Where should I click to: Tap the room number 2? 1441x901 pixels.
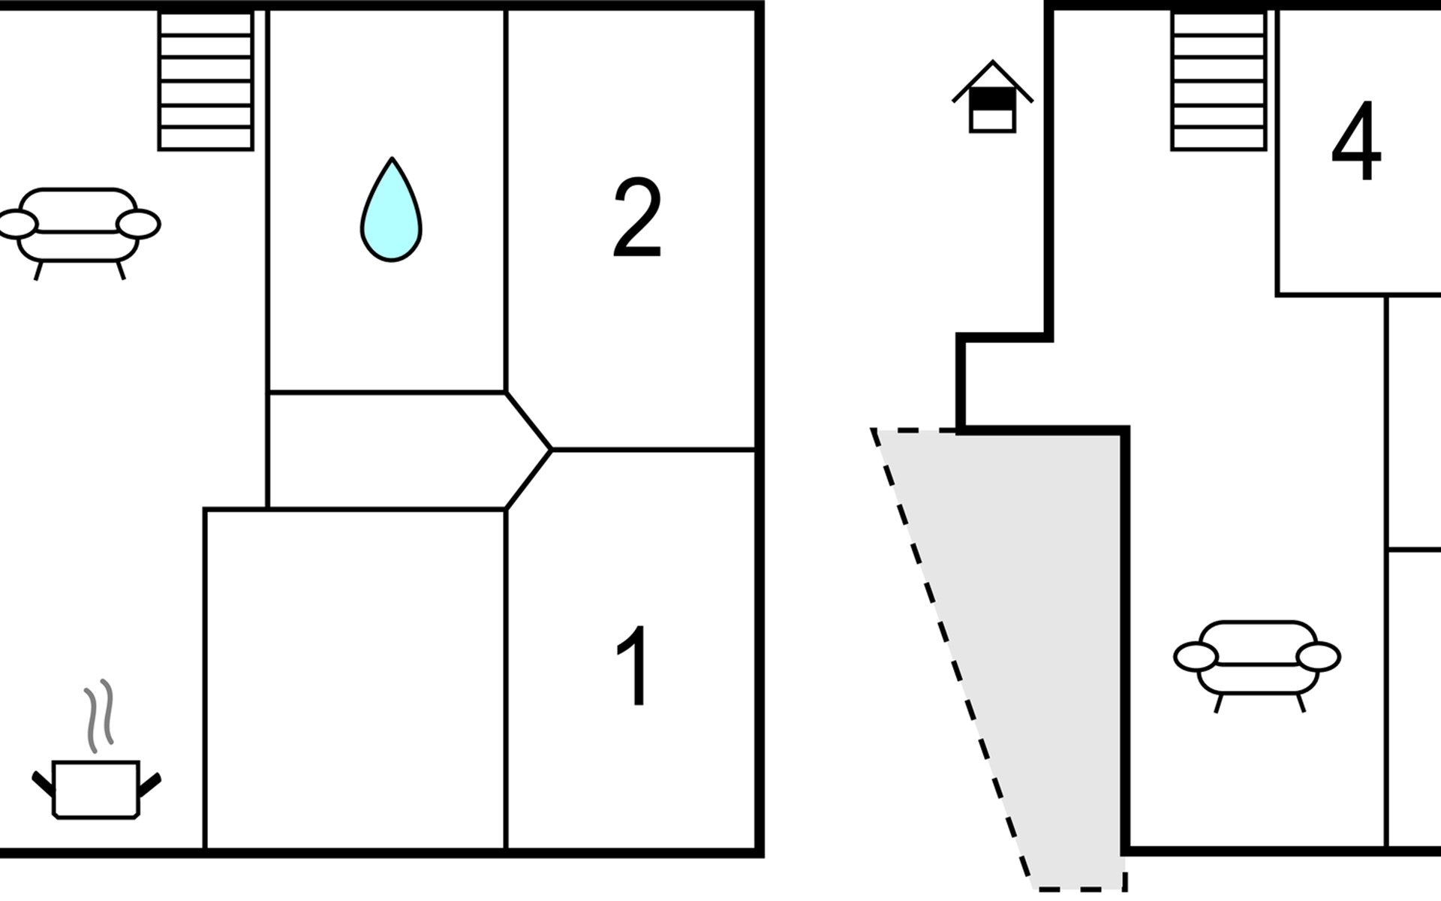pos(637,218)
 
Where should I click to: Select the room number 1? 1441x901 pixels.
pos(633,665)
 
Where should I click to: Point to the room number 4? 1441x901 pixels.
pos(1356,141)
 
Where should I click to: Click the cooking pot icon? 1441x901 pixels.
pos(96,788)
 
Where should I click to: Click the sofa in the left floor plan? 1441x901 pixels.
pos(79,233)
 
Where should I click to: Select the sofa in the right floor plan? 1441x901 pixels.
pos(1257,665)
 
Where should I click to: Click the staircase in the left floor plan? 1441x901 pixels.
pos(206,80)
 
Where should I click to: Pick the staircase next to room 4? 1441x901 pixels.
pos(1219,80)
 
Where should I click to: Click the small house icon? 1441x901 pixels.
pos(992,97)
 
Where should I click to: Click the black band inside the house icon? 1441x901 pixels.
pos(992,98)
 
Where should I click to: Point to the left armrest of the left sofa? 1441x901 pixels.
pos(17,224)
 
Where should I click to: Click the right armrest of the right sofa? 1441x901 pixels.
pos(1319,657)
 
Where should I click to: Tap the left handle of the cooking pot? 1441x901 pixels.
pos(44,782)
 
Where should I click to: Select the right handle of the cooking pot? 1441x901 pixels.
pos(149,785)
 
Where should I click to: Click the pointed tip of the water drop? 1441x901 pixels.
pos(392,158)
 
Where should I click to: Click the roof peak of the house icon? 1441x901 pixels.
pos(993,62)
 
